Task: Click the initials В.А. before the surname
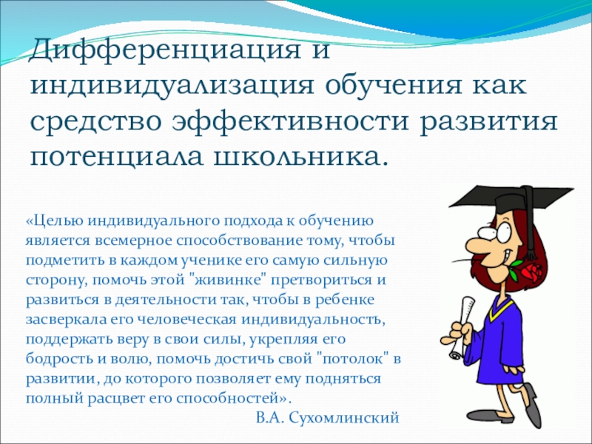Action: [x=272, y=418]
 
